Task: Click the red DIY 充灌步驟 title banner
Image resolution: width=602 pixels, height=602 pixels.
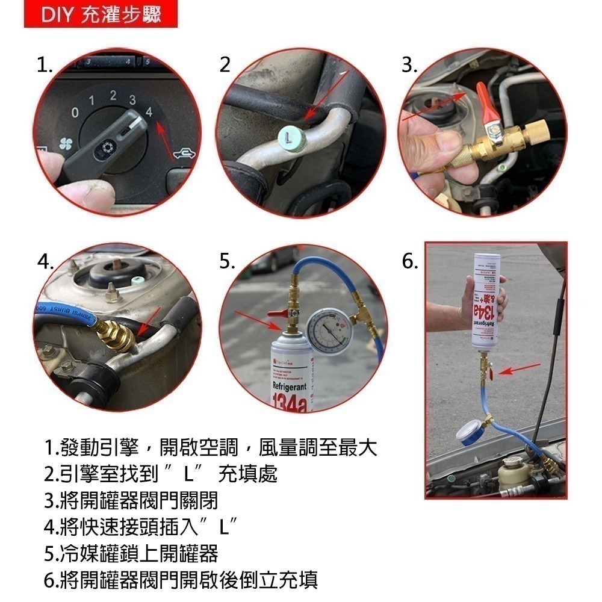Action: coord(101,14)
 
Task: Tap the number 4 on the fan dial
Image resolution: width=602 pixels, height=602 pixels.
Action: coord(148,111)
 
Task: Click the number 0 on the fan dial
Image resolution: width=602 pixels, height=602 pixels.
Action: coord(75,113)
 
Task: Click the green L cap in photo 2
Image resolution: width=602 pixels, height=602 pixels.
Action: coord(291,143)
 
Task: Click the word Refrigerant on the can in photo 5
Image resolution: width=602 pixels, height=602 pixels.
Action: coord(290,386)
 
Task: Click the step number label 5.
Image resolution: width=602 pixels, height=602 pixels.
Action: coord(227,262)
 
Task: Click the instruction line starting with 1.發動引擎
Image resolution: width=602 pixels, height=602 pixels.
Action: coord(210,448)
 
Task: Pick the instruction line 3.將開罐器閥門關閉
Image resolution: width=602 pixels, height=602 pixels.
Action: coord(131,501)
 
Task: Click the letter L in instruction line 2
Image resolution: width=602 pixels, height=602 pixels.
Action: coord(188,474)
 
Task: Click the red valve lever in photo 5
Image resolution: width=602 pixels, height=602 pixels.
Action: coord(278,313)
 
